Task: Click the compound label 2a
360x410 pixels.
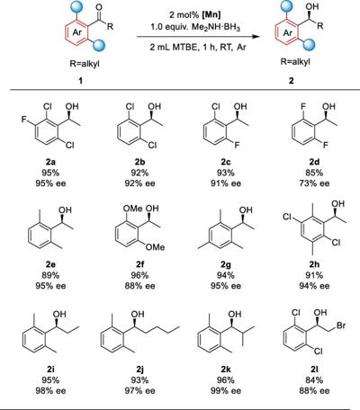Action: (50, 162)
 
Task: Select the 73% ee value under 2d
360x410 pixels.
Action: (314, 183)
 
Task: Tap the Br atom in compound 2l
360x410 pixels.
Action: (341, 325)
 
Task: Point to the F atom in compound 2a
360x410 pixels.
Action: (23, 120)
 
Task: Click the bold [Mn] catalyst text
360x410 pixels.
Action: (211, 14)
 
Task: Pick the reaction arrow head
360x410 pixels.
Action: (256, 37)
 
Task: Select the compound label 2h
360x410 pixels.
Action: (314, 264)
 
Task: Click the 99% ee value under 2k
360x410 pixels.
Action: (226, 391)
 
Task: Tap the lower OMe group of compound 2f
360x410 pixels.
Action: (155, 247)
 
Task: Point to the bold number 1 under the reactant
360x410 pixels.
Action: (81, 80)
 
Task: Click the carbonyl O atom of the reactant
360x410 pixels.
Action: (99, 6)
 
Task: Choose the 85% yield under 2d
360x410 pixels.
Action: (314, 173)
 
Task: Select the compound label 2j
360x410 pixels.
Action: (139, 370)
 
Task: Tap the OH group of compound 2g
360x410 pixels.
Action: (246, 209)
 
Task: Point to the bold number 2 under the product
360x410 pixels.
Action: (292, 80)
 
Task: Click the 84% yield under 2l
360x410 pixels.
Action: (314, 380)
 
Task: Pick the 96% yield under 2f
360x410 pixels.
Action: (139, 275)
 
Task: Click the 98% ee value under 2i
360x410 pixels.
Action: (50, 391)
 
